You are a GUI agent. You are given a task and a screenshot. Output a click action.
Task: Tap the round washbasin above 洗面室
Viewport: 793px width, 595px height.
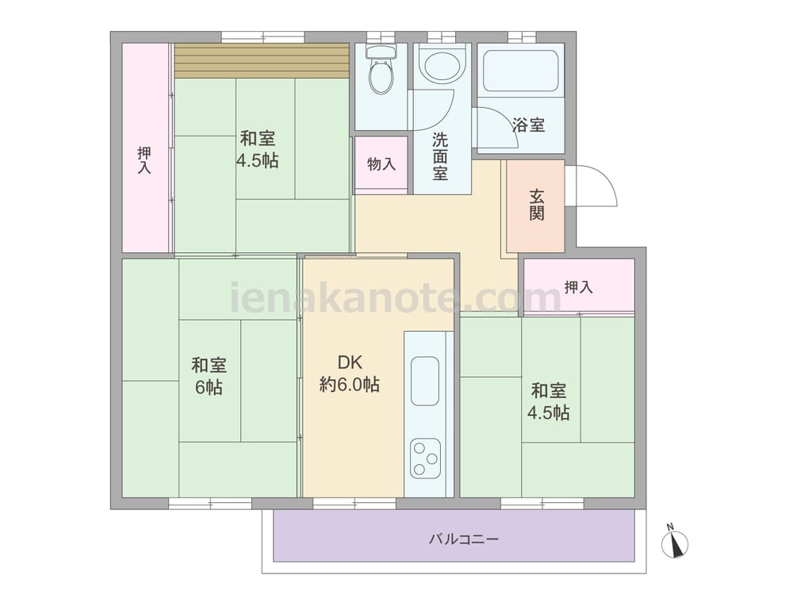442,65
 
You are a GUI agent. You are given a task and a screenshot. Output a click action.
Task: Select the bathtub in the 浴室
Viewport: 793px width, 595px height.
520,71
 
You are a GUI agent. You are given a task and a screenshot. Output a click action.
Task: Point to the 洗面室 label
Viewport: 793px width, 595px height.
440,157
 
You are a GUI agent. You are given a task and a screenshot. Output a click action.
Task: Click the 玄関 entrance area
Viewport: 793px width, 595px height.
535,205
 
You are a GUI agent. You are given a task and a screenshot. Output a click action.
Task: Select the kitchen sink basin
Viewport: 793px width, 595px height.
425,381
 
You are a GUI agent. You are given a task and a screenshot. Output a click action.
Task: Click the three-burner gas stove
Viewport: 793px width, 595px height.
425,459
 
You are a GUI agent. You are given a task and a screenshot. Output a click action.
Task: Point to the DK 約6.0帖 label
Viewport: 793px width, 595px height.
350,374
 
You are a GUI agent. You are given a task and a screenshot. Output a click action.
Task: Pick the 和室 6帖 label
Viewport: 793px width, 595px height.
209,376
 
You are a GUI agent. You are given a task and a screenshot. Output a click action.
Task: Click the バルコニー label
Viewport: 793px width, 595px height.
464,539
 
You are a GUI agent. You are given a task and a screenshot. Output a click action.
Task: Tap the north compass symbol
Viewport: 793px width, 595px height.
675,543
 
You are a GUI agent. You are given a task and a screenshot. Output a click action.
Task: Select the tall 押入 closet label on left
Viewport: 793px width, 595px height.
144,160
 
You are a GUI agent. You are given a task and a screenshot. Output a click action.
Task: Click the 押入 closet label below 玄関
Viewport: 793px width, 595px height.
579,287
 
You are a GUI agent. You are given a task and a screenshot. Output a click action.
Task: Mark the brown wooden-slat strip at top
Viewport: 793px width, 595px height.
262,61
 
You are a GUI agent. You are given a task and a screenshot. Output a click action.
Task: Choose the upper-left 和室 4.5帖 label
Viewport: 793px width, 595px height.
258,149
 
